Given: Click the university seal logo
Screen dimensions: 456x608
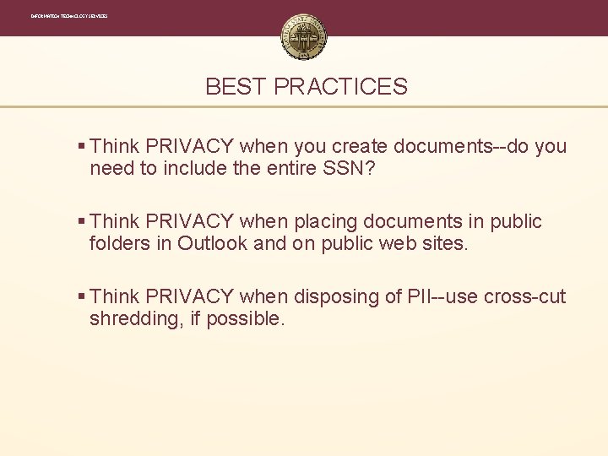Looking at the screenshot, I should (304, 37).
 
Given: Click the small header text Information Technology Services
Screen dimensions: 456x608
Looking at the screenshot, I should (69, 16).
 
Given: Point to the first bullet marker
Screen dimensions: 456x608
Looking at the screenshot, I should (81, 147).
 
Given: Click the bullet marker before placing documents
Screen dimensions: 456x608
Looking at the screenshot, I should (81, 222).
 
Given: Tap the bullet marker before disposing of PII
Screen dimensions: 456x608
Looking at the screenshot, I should (81, 297).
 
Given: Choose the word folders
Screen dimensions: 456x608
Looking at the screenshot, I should (121, 243).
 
